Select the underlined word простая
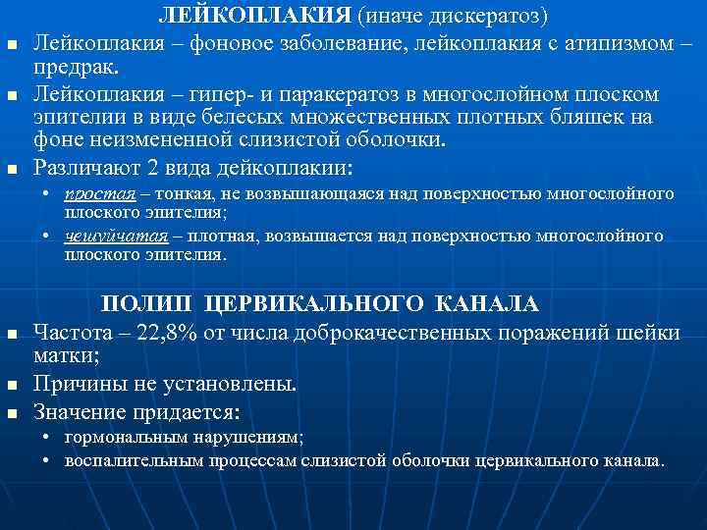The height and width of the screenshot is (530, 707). (x=94, y=194)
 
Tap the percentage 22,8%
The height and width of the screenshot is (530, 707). (x=174, y=331)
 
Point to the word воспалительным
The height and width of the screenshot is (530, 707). (x=132, y=458)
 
